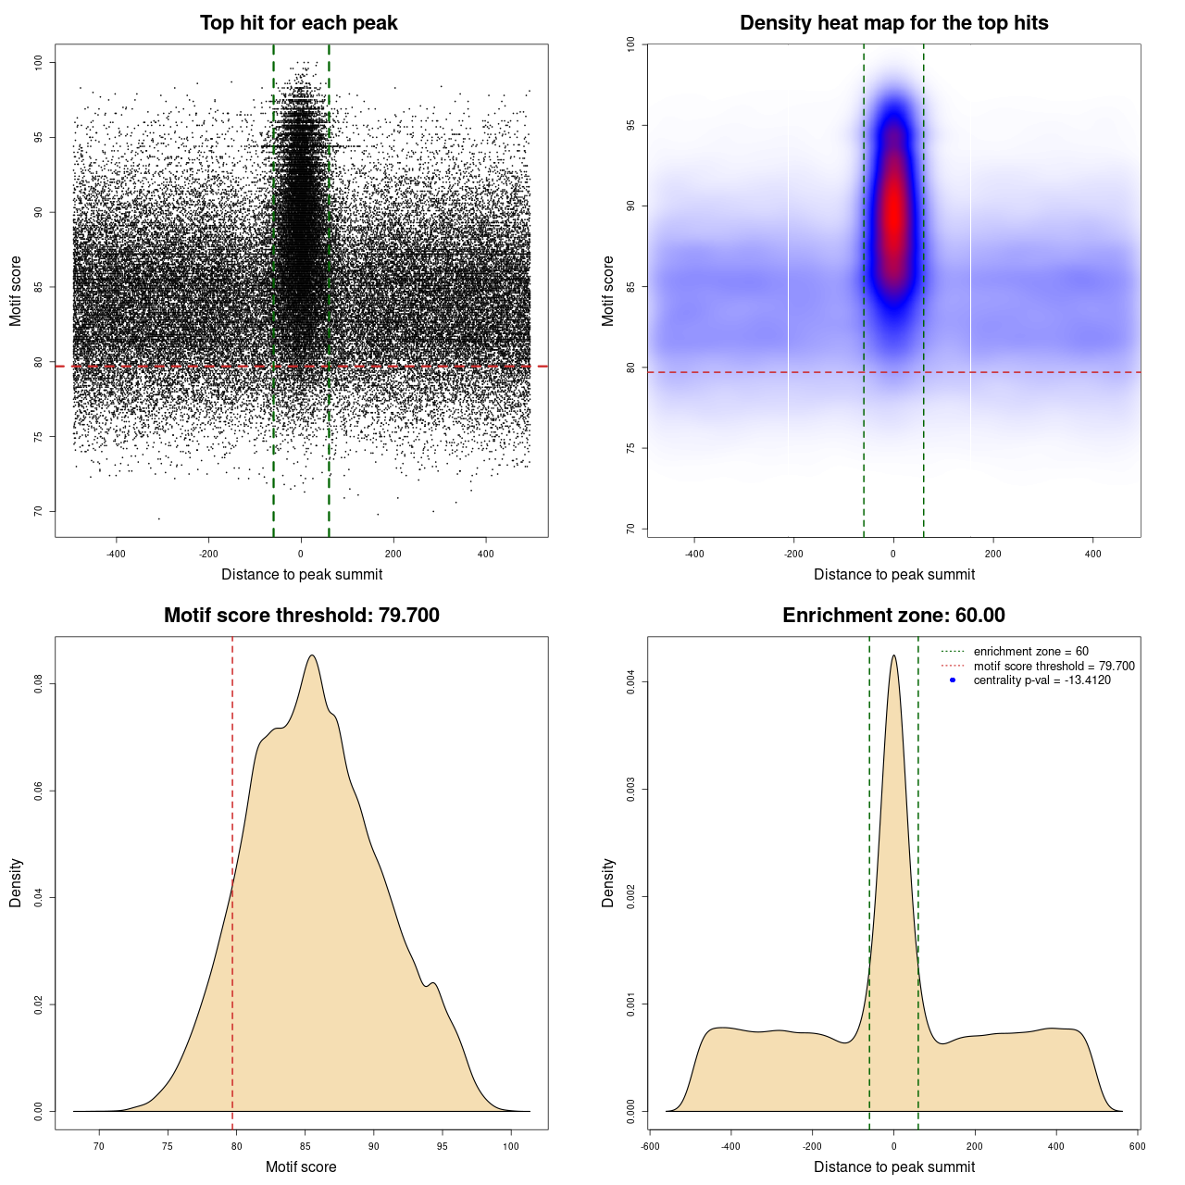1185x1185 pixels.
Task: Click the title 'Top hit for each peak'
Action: (299, 23)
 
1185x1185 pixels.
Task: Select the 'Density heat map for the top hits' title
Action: (893, 23)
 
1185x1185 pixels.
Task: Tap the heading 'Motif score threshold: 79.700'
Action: (301, 616)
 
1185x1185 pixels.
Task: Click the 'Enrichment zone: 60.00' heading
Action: (893, 616)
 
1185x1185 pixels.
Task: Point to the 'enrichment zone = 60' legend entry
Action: (1030, 652)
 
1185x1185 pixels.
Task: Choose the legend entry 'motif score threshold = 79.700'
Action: (1054, 667)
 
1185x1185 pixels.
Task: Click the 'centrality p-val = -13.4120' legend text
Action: (1042, 680)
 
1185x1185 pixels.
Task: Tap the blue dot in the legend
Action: (953, 680)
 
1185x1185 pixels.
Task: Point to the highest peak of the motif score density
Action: (312, 655)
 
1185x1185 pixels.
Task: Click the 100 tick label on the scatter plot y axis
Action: (38, 62)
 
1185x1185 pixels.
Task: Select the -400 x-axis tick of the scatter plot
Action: (116, 554)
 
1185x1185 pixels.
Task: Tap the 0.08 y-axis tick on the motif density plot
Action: (38, 684)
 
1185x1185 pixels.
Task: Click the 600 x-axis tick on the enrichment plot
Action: (1138, 1146)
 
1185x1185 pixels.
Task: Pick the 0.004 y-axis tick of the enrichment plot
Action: (630, 682)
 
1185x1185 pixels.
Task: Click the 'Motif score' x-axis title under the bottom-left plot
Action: (301, 1166)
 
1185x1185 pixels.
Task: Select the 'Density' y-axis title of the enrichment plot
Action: (608, 882)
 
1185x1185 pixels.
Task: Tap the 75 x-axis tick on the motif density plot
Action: (168, 1146)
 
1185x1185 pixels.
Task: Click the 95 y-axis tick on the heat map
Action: (630, 125)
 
